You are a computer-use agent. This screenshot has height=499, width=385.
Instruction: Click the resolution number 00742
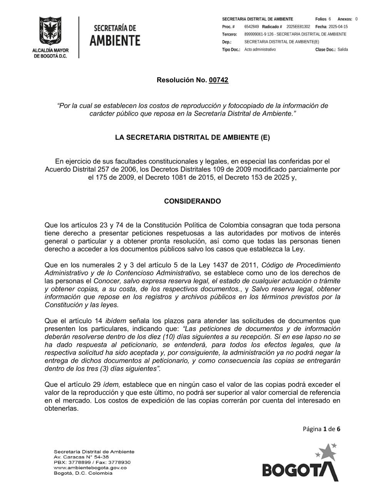(218, 80)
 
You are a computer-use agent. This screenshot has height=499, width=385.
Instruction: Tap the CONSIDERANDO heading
(192, 201)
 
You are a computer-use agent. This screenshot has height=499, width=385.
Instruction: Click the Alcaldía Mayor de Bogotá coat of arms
(50, 32)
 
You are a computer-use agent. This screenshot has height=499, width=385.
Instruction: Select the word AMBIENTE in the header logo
(115, 40)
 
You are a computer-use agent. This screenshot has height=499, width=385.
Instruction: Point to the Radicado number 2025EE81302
(298, 27)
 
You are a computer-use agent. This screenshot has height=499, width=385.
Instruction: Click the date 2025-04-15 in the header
(338, 27)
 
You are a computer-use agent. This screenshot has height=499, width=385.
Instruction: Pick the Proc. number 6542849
(251, 27)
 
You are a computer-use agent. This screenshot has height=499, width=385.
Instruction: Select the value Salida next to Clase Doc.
(343, 50)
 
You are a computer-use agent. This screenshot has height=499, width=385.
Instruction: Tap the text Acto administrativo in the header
(260, 50)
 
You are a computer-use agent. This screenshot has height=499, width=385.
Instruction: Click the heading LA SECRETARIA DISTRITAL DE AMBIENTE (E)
(192, 138)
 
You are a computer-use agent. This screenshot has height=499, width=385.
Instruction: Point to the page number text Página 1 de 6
(321, 429)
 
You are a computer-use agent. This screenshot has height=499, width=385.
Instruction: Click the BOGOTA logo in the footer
(300, 465)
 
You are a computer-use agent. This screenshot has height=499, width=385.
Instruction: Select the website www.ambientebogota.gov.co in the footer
(90, 468)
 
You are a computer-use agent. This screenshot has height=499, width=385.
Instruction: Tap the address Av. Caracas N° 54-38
(81, 457)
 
